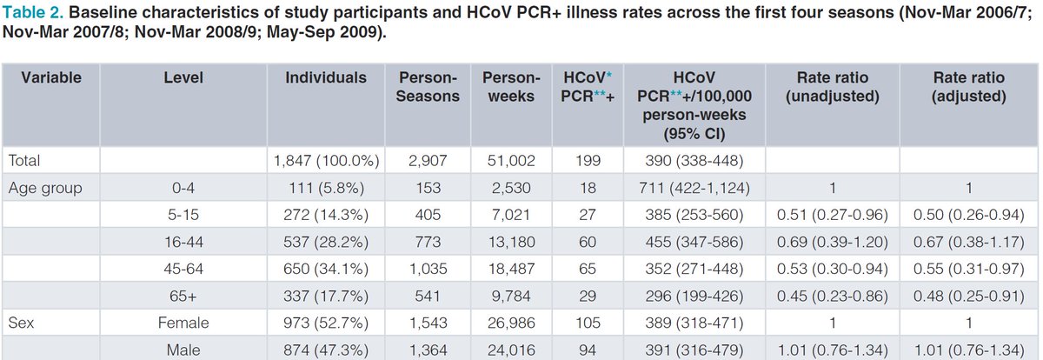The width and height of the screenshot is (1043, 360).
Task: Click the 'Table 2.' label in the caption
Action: point(33,14)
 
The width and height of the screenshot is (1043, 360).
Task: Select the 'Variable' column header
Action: point(51,77)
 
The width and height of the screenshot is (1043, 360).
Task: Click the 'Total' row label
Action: point(25,161)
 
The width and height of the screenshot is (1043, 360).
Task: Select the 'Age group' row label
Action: point(43,188)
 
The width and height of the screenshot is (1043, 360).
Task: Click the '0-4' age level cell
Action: point(183,188)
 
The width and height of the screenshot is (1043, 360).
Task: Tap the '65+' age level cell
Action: point(183,296)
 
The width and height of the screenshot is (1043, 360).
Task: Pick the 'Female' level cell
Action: point(183,323)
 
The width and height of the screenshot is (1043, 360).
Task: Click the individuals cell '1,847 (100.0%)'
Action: point(326,161)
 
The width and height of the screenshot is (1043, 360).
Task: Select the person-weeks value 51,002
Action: point(508,161)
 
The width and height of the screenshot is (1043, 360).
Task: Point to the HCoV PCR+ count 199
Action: point(583,161)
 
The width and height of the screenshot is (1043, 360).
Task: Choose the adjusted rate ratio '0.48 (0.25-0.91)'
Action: point(969,296)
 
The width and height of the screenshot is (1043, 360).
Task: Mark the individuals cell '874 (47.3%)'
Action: point(326,350)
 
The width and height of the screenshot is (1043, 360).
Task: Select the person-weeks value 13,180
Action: point(508,242)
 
